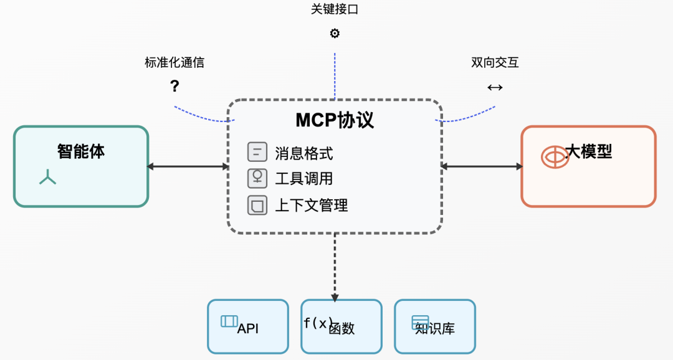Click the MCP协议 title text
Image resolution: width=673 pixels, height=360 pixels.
point(335,120)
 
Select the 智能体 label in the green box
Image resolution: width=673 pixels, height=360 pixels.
point(81,151)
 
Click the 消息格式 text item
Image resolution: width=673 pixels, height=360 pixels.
point(304,153)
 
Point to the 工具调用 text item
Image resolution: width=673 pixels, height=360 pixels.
point(304,179)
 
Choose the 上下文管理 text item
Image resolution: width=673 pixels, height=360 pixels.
point(312,205)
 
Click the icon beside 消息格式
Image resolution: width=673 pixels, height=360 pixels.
point(257,152)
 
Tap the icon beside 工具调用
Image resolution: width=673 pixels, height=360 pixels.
point(257,178)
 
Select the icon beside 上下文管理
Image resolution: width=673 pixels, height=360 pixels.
point(257,205)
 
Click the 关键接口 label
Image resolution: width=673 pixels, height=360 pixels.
point(335,9)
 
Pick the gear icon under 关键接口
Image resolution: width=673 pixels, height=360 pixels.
point(335,34)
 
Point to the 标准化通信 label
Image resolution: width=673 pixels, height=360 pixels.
point(174,62)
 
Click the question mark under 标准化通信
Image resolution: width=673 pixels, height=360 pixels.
point(174,87)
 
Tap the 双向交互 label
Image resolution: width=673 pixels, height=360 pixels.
point(495,62)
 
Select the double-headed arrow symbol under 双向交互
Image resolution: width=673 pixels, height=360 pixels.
point(495,88)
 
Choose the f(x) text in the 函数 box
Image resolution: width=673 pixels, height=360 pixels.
point(318,323)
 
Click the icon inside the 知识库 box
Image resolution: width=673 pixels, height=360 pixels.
point(420,322)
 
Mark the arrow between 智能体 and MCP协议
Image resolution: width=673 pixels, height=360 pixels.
point(188,166)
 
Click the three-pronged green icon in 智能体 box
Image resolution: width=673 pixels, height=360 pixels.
point(48,178)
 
